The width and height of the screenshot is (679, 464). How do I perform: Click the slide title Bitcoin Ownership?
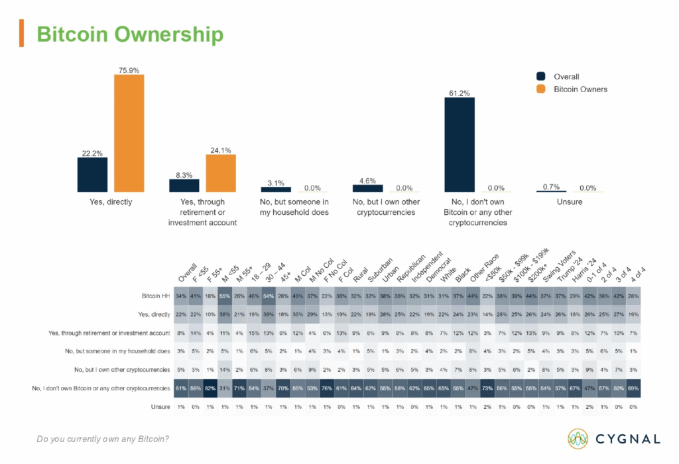point(129,34)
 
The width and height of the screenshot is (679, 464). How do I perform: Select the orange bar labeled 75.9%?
point(129,133)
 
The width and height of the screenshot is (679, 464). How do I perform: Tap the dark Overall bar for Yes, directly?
point(92,174)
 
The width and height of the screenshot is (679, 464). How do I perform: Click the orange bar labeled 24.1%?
point(220,174)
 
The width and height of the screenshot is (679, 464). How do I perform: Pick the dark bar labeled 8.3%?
point(184,185)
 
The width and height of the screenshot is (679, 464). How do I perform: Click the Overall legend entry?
point(566,77)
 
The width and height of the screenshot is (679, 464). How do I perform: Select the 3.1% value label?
point(275,183)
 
